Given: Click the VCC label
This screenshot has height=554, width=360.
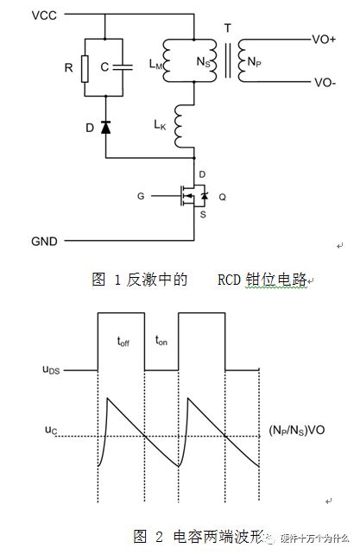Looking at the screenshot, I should (20, 15).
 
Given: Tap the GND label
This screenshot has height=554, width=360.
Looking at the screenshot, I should (20, 242).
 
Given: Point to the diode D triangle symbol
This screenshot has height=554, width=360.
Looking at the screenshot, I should (105, 127).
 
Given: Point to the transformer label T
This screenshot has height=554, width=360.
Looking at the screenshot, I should (228, 28).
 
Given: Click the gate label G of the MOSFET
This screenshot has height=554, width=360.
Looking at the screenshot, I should (142, 196).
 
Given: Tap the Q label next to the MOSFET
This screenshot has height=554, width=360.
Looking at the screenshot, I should (223, 196).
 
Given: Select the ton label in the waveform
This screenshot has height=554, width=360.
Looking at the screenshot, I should (160, 341).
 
